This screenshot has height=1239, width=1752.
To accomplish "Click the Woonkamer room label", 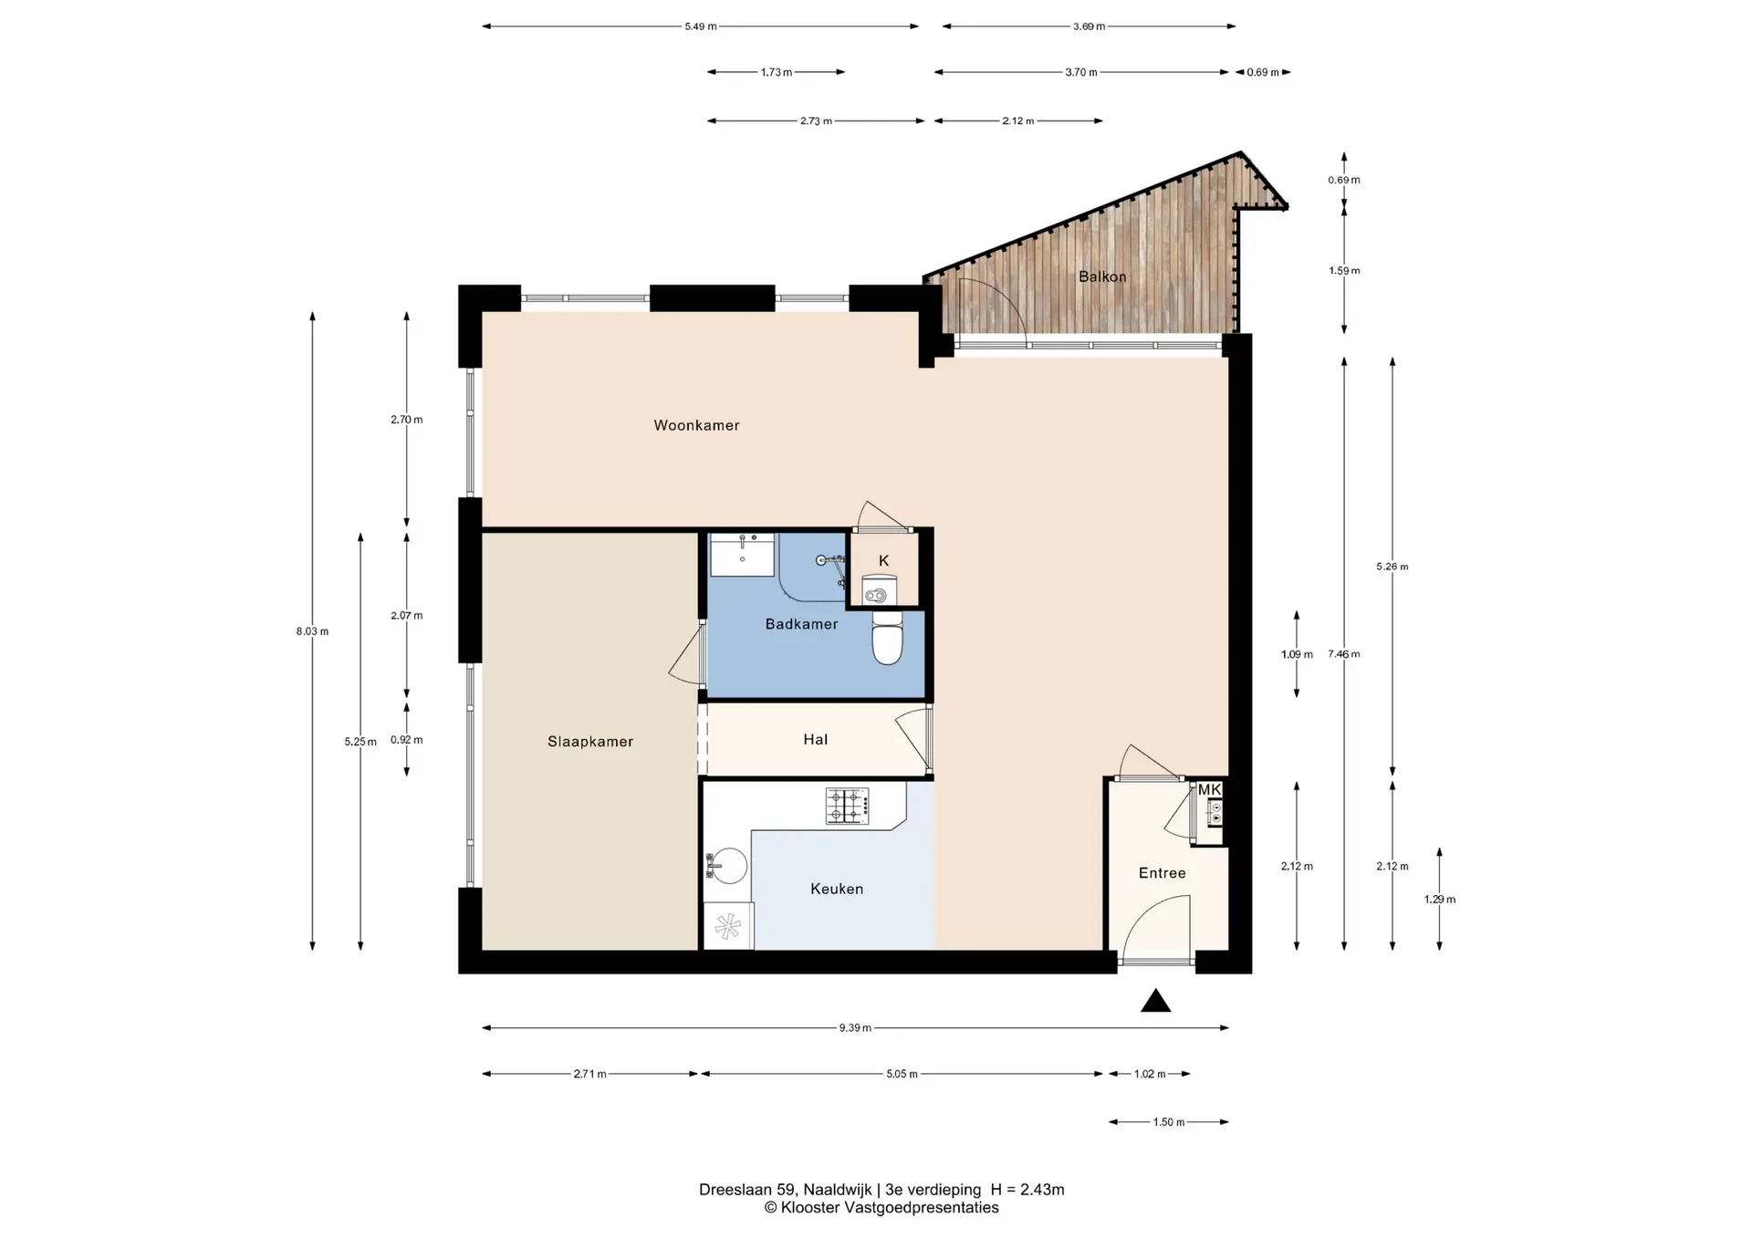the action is coord(696,425).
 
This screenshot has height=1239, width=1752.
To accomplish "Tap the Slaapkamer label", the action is coord(590,742).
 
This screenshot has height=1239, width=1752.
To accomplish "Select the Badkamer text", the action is coord(801,624).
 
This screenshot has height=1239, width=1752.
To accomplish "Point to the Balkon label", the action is coord(1102,276).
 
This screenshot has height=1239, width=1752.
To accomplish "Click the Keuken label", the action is coord(837,889).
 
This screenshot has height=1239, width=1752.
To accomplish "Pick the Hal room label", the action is coord(816,740).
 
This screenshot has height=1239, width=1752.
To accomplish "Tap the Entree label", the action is coord(1163,873).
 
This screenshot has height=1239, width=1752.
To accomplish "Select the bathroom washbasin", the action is coord(743,555).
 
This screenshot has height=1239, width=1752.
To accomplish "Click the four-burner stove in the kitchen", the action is coord(848,806).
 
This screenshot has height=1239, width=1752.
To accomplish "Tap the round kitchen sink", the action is coord(729,866).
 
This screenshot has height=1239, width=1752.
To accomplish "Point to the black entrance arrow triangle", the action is coord(1156,1001).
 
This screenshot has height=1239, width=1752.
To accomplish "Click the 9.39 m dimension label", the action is coord(855,1028).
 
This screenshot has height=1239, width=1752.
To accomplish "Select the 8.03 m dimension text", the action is coord(312,631).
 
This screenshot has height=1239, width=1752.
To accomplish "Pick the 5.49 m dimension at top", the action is coord(701,26).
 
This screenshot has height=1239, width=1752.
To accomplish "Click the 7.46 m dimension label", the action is coord(1344,654).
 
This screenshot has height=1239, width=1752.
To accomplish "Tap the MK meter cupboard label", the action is coord(1209,790).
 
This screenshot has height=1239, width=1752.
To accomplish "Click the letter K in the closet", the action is coord(883,561).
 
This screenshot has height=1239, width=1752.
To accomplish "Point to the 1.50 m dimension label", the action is coord(1169,1122).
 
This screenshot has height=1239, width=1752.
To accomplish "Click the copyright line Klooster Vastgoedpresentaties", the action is coord(881,1208).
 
